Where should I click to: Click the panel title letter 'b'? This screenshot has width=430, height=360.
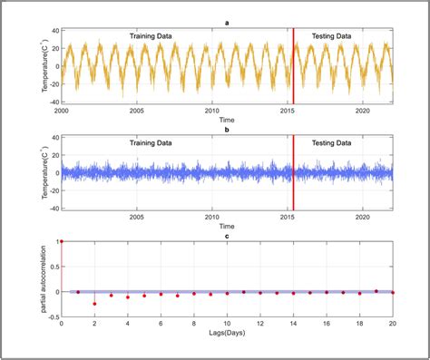tap(227, 130)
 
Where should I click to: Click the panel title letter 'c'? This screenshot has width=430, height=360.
tap(227, 236)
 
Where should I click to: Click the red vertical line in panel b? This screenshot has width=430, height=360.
tap(294, 177)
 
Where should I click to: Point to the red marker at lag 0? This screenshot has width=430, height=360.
tap(61, 242)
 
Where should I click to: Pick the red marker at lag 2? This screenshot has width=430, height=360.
tap(94, 304)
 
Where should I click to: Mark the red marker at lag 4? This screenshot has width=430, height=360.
tap(128, 297)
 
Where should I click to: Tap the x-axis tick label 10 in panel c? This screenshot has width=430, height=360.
tap(227, 324)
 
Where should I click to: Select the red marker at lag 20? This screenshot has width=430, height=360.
tap(393, 292)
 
